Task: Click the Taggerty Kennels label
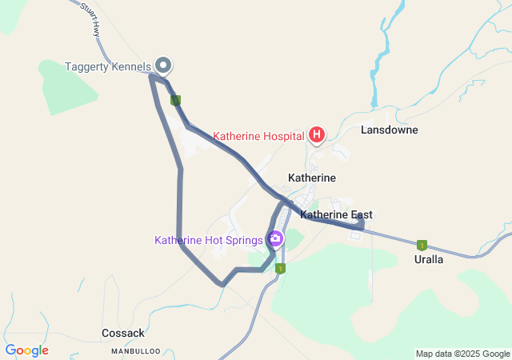tap(107, 66)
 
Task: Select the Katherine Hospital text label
tap(258, 136)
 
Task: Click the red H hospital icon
tap(316, 134)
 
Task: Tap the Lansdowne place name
tap(389, 130)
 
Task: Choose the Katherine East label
tap(336, 215)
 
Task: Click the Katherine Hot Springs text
tap(209, 239)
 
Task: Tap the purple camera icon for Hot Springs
tap(276, 238)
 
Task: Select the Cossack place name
tap(123, 333)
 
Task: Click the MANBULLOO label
tap(136, 350)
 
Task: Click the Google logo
tap(26, 350)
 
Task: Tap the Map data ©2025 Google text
tap(462, 354)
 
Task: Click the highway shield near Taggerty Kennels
tap(176, 100)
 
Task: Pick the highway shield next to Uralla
tap(422, 245)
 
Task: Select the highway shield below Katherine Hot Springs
tap(281, 269)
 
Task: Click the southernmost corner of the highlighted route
tap(222, 284)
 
